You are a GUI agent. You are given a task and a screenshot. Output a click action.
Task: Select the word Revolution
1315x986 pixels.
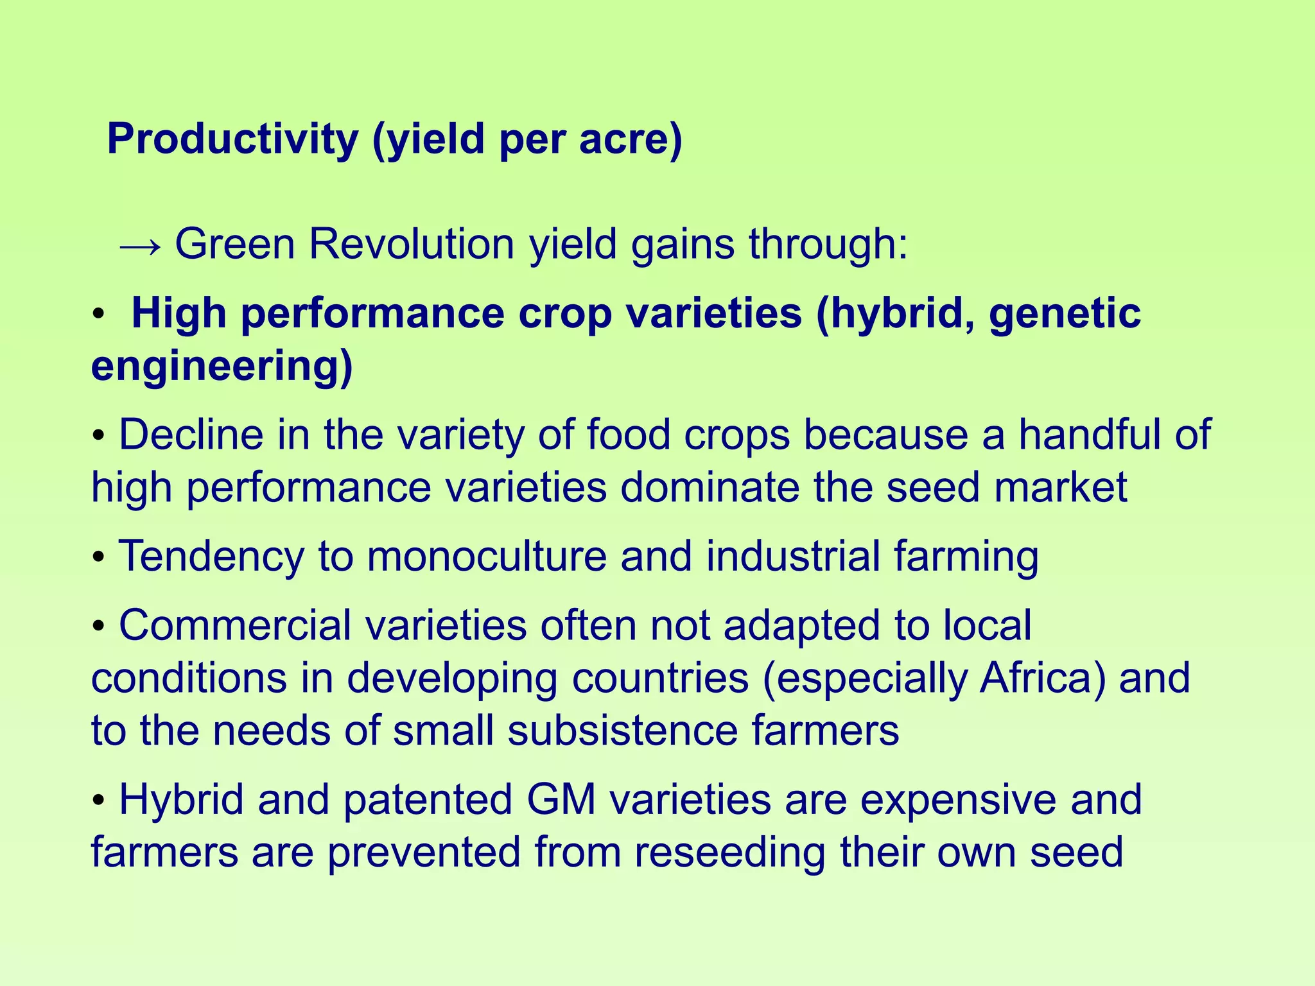[411, 245]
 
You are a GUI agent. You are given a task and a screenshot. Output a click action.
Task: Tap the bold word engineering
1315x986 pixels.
[221, 367]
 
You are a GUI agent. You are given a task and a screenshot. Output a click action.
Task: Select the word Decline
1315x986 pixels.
[191, 435]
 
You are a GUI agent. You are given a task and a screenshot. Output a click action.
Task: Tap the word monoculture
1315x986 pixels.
[487, 556]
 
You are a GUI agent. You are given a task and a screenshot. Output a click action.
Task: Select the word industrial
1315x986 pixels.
[793, 556]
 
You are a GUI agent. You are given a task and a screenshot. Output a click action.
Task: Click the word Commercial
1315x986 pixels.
[235, 625]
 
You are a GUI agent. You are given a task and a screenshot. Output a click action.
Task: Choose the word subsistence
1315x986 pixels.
[623, 731]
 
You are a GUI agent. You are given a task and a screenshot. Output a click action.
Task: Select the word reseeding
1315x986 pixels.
[729, 852]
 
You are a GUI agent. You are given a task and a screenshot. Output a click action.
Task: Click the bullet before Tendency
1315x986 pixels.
[98, 557]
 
